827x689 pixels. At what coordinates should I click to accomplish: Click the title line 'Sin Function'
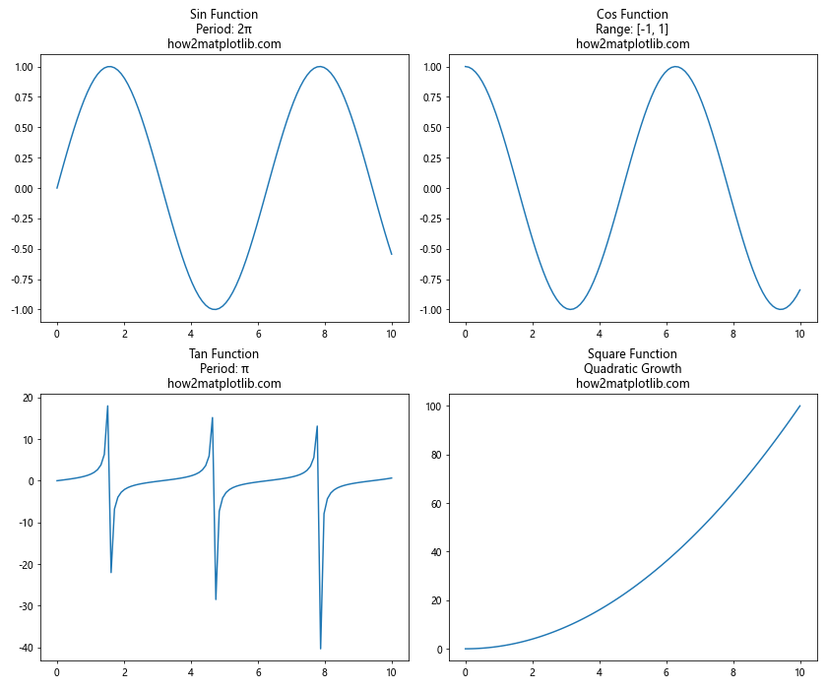click(224, 15)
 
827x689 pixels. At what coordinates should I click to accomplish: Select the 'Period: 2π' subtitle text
click(224, 30)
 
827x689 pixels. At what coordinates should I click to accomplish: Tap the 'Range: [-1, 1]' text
click(632, 30)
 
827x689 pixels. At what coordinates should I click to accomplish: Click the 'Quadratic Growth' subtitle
click(632, 369)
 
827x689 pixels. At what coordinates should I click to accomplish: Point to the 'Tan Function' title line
click(224, 354)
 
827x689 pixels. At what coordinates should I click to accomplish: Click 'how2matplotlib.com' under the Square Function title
click(632, 384)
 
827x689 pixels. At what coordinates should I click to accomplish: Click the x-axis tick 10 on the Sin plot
click(391, 334)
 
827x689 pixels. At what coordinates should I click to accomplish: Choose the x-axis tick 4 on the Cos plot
click(600, 334)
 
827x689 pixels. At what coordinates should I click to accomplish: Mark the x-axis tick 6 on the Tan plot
click(258, 673)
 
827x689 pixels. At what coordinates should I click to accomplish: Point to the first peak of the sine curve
click(109, 67)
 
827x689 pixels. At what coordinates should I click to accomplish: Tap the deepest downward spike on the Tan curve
click(320, 648)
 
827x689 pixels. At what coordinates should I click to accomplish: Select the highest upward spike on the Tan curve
click(107, 407)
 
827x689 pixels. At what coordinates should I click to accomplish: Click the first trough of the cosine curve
click(570, 309)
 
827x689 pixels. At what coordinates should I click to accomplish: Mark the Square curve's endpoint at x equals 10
click(799, 406)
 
